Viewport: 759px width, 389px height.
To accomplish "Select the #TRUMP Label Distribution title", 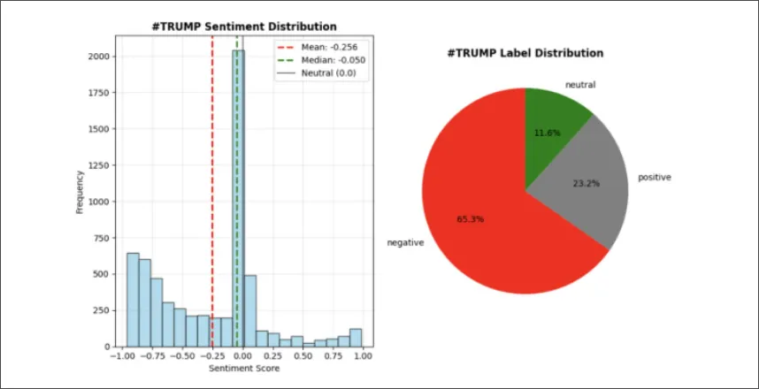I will click(525, 53).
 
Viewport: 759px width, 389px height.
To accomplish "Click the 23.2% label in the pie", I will click(586, 184).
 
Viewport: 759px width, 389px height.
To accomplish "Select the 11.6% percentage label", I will click(547, 133).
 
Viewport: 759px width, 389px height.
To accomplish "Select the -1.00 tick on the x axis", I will click(123, 355).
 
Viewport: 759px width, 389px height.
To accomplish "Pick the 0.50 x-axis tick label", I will click(303, 355).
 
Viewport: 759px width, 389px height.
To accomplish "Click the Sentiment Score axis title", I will click(243, 368).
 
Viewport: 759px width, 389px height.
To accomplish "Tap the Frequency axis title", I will click(79, 191).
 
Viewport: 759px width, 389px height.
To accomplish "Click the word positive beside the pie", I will click(654, 178).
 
